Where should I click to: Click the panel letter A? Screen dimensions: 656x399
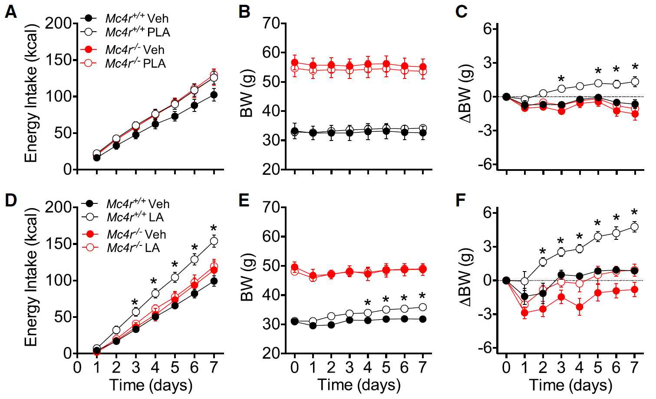pyautogui.click(x=11, y=12)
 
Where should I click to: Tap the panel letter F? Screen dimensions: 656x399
pyautogui.click(x=461, y=201)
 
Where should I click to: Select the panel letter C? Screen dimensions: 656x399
pyautogui.click(x=462, y=12)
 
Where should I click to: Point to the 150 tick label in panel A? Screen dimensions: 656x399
pyautogui.click(x=59, y=60)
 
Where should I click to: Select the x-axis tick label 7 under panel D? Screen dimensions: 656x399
pyautogui.click(x=214, y=367)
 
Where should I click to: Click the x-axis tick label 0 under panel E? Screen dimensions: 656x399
pyautogui.click(x=294, y=367)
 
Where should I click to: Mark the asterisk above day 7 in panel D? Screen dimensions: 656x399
pyautogui.click(x=214, y=229)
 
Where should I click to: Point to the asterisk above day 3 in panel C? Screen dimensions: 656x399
pyautogui.click(x=561, y=78)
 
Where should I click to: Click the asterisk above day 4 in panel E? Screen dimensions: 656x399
pyautogui.click(x=368, y=303)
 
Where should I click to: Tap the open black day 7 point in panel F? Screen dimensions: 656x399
pyautogui.click(x=635, y=227)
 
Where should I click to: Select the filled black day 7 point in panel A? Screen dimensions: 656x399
pyautogui.click(x=214, y=95)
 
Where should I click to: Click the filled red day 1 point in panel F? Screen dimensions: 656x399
pyautogui.click(x=524, y=313)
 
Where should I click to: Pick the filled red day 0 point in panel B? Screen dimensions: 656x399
pyautogui.click(x=295, y=62)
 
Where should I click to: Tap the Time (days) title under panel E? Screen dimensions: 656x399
pyautogui.click(x=359, y=385)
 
